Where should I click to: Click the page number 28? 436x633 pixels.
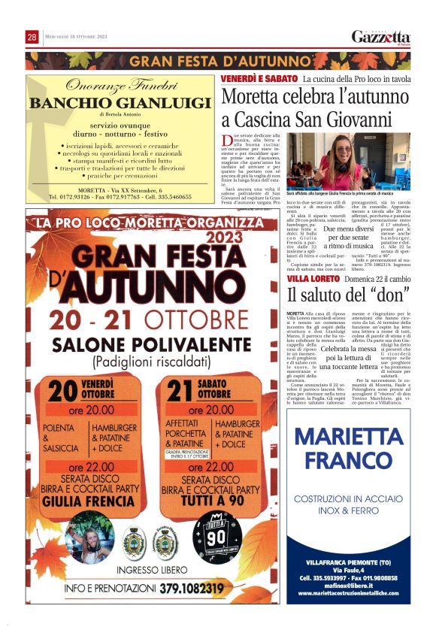[32, 37]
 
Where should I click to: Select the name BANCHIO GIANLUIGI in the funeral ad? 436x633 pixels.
[120, 103]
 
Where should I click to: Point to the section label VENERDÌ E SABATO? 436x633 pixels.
[258, 78]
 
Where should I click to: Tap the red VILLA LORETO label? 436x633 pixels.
[313, 278]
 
